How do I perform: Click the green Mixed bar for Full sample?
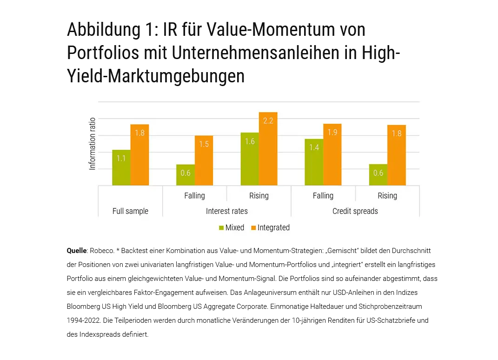[121, 168]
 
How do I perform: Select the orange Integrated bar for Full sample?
[139, 155]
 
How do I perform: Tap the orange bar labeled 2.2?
[268, 149]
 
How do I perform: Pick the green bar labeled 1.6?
[250, 159]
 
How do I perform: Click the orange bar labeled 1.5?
[204, 160]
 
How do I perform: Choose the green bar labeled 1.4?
[314, 162]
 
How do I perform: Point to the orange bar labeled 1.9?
[332, 154]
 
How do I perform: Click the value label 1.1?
[121, 158]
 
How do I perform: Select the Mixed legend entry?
[232, 227]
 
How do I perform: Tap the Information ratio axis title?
[93, 143]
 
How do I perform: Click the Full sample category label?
[130, 211]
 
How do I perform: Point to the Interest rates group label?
[226, 211]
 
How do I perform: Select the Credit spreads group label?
[355, 211]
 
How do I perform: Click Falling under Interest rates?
[194, 195]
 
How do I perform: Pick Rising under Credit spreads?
[387, 195]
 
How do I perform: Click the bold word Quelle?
[77, 251]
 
